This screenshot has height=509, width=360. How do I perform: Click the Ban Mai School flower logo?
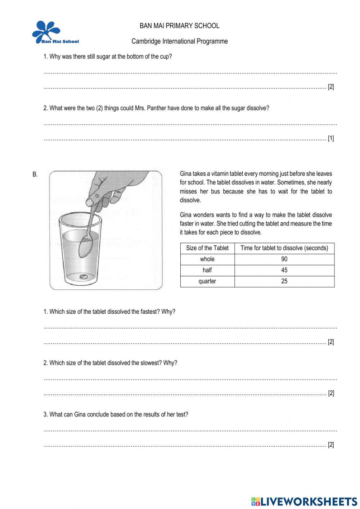[47, 32]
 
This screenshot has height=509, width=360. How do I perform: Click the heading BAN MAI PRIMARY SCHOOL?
[179, 26]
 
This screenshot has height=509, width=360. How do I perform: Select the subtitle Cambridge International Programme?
[179, 41]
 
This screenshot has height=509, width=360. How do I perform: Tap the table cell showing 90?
[284, 259]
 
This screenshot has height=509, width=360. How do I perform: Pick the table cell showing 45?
[284, 270]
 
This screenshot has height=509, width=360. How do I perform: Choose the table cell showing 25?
[284, 281]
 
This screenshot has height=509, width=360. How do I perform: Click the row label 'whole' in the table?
[207, 259]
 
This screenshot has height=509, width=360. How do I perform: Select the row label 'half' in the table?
[207, 270]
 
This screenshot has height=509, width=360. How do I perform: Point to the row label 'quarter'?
[207, 281]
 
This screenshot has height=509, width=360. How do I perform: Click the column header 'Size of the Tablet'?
[207, 248]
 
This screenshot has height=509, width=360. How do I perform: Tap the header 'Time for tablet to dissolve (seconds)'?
[284, 248]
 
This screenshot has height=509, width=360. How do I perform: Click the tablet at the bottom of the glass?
[83, 277]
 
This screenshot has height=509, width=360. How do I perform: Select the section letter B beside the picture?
[35, 175]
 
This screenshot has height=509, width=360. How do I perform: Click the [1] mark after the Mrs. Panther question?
[330, 138]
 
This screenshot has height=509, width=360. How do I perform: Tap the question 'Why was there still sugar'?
[108, 57]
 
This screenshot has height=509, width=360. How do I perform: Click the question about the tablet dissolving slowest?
[110, 363]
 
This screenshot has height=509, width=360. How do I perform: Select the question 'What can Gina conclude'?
[116, 414]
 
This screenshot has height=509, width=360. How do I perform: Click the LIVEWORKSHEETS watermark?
[304, 501]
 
